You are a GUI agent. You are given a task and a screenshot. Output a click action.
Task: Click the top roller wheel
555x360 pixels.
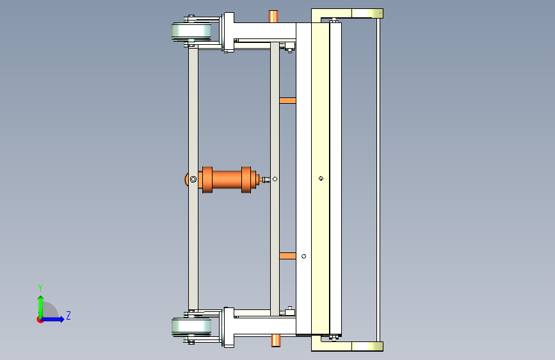191,31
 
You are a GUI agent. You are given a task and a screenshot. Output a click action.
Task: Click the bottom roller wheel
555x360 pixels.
191,326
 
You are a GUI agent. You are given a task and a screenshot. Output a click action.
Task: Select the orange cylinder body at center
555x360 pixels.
227,179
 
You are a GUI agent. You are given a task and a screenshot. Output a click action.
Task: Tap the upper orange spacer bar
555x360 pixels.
288,101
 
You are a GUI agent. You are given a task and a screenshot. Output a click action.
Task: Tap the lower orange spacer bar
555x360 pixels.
288,256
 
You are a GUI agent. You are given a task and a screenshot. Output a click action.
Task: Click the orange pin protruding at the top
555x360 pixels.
273,16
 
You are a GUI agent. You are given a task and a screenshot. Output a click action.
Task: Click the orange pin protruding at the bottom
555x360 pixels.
276,341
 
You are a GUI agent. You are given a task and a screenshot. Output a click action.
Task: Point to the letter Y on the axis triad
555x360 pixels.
40,288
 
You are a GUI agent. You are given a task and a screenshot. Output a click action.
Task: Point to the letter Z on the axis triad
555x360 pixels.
68,315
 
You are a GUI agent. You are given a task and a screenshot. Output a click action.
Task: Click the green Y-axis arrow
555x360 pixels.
41,307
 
